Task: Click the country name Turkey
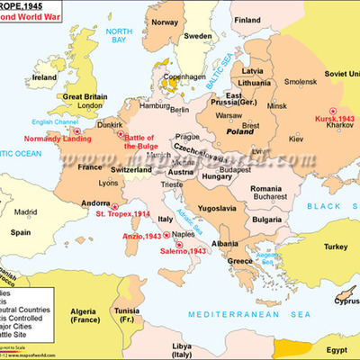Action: pyautogui.click(x=310, y=247)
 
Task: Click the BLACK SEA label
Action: pyautogui.click(x=332, y=205)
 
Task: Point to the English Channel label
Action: pyautogui.click(x=30, y=122)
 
